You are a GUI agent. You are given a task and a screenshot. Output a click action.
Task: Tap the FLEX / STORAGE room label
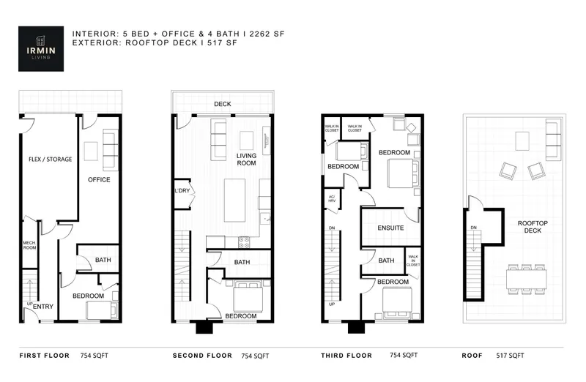tap(50, 159)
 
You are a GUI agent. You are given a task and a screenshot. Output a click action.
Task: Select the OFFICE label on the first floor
tap(99, 179)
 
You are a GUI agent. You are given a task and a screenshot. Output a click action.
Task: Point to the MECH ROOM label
tap(29, 246)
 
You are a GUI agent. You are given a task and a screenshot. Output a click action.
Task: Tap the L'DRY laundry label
tap(182, 192)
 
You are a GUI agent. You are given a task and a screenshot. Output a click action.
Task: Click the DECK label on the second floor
tap(223, 105)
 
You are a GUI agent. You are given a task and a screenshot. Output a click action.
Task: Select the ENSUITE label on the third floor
tap(390, 228)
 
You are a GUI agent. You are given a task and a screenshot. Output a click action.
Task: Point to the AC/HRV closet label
tap(331, 200)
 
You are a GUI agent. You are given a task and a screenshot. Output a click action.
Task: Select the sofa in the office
tap(111, 149)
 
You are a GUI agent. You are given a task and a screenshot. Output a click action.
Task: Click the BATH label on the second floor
tap(241, 262)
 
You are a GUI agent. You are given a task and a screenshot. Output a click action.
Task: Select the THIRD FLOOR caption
tap(346, 356)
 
